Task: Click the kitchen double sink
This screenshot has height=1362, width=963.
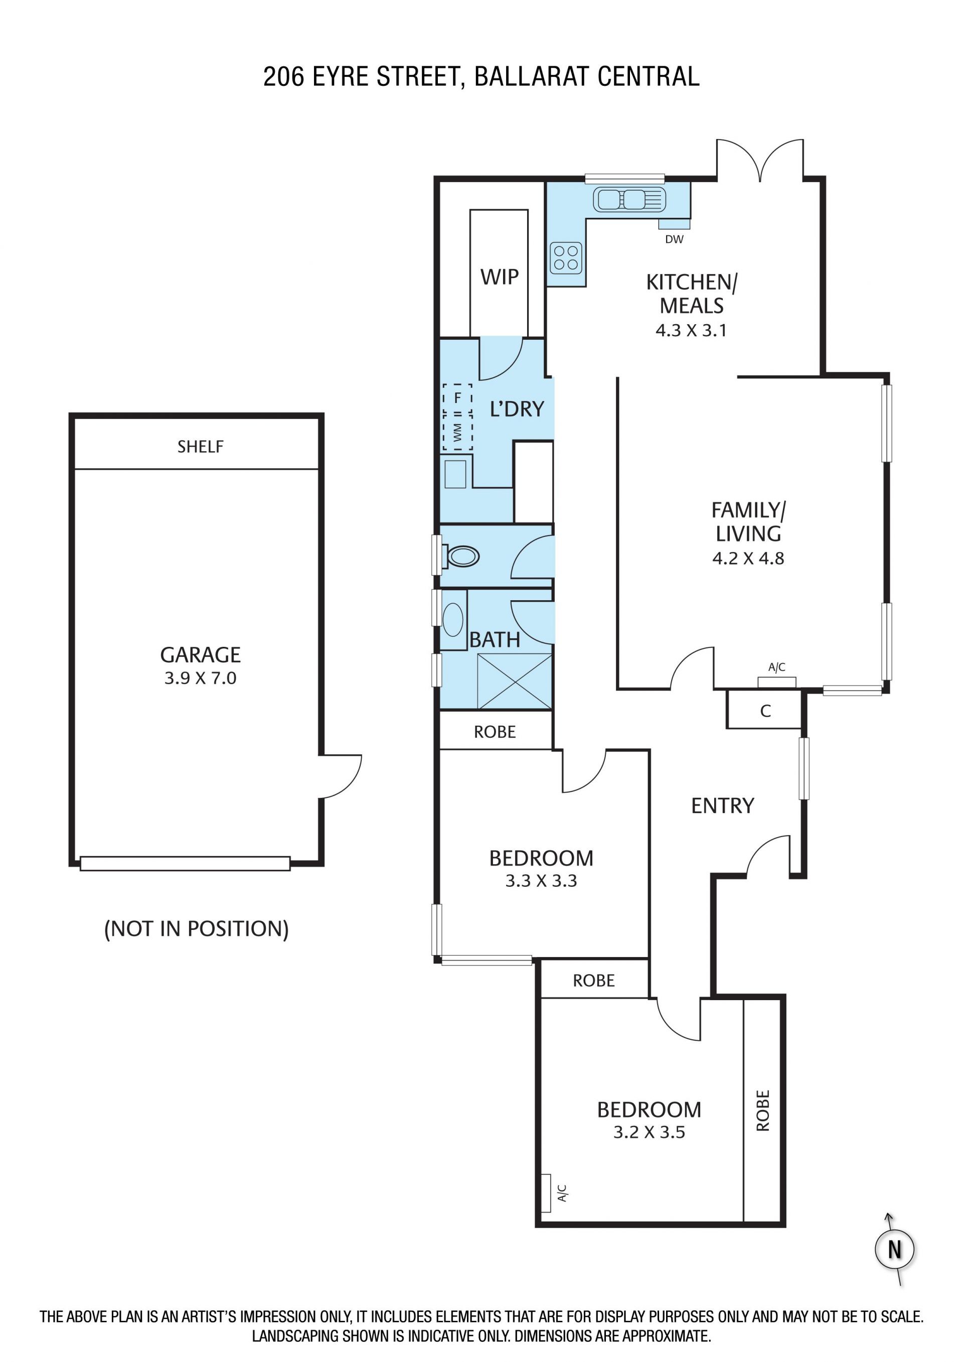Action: pyautogui.click(x=628, y=199)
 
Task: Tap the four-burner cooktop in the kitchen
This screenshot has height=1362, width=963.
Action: pyautogui.click(x=566, y=258)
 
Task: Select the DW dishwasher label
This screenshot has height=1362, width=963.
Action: pyautogui.click(x=674, y=239)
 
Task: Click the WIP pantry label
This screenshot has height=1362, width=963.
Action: pyautogui.click(x=499, y=277)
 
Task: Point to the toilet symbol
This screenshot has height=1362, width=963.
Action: pyautogui.click(x=461, y=557)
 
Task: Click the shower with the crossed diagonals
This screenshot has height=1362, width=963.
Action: pyautogui.click(x=514, y=681)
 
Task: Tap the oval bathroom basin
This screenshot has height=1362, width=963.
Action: pyautogui.click(x=453, y=619)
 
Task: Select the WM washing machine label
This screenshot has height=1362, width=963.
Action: pyautogui.click(x=457, y=432)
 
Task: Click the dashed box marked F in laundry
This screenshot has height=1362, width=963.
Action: pyautogui.click(x=457, y=398)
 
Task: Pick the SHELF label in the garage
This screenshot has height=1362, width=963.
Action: pyautogui.click(x=201, y=447)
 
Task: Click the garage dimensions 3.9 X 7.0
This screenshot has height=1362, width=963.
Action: pyautogui.click(x=201, y=678)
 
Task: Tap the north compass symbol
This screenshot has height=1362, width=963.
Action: pyautogui.click(x=895, y=1249)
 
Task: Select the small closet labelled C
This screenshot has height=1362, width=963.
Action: pyautogui.click(x=764, y=710)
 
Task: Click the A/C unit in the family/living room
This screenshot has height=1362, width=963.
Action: pyautogui.click(x=777, y=682)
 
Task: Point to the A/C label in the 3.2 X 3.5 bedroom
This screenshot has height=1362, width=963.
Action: pyautogui.click(x=562, y=1193)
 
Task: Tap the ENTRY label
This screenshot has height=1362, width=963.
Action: pyautogui.click(x=722, y=805)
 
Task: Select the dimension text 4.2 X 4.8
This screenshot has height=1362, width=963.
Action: pyautogui.click(x=748, y=558)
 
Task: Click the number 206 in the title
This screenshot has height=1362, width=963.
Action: pyautogui.click(x=284, y=76)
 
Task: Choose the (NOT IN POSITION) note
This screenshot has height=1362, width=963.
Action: pyautogui.click(x=196, y=929)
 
